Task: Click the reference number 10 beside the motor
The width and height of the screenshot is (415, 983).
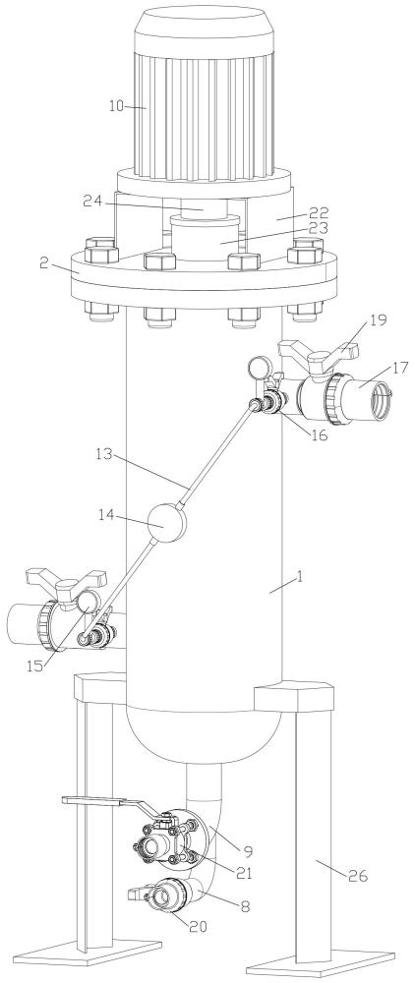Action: point(116,105)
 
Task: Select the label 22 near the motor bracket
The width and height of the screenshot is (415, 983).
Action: point(319,213)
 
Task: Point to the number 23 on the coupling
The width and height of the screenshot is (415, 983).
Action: point(319,229)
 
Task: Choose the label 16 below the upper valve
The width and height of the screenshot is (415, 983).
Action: point(319,434)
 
